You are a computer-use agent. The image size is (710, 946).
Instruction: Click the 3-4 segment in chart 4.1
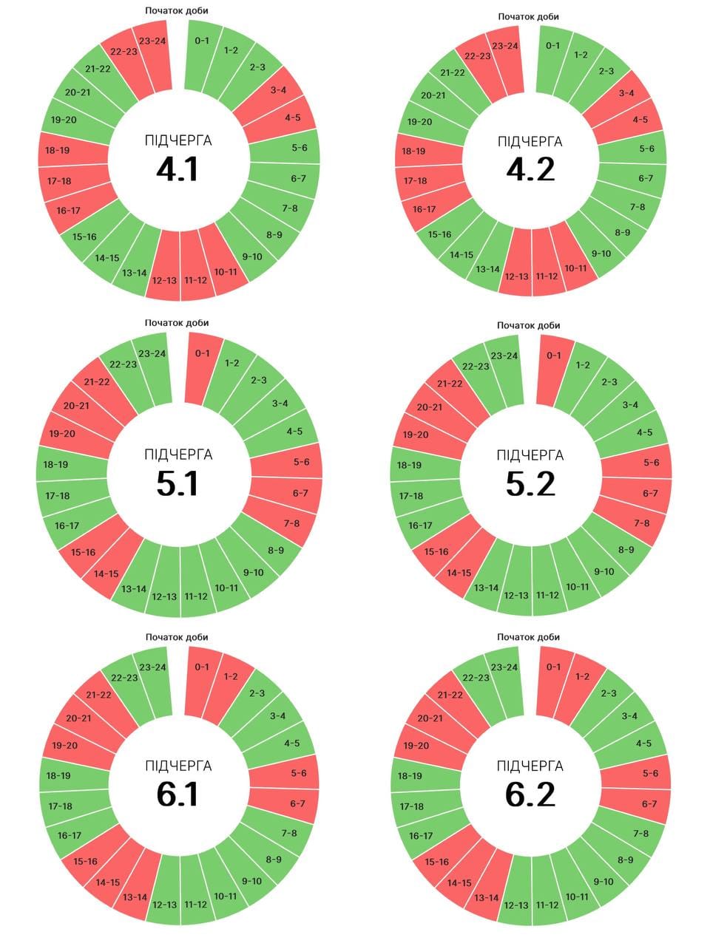[x=278, y=91]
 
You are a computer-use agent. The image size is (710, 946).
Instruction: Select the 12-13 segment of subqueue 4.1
[x=164, y=280]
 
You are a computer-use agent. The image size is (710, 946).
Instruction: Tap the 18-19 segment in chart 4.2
[x=413, y=151]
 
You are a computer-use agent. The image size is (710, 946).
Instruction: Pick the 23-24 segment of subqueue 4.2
[x=504, y=46]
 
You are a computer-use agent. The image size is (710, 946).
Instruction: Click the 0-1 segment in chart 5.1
[x=202, y=353]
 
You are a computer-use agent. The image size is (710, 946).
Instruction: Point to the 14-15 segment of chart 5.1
[x=106, y=574]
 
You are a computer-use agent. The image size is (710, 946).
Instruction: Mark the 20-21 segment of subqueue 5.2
[x=430, y=407]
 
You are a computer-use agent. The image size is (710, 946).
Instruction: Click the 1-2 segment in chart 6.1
[x=231, y=676]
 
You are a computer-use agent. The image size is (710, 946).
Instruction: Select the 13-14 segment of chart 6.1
[x=135, y=897]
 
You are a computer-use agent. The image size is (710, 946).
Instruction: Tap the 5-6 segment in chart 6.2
[x=650, y=773]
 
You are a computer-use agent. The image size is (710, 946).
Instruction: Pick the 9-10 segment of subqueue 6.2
[x=603, y=881]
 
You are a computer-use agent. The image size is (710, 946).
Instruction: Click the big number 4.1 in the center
[x=177, y=169]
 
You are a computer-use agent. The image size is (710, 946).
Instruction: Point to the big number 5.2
[x=530, y=483]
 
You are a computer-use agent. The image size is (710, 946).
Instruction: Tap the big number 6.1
[x=177, y=794]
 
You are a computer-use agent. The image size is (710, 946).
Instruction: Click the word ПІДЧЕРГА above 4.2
[x=530, y=141]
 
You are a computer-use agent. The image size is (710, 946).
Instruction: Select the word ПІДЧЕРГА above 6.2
[x=530, y=766]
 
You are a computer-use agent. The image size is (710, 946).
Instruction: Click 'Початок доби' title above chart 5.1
[x=177, y=322]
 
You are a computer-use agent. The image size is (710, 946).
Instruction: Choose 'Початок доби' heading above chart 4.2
[x=528, y=16]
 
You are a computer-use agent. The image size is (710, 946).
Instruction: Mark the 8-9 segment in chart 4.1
[x=274, y=235]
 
